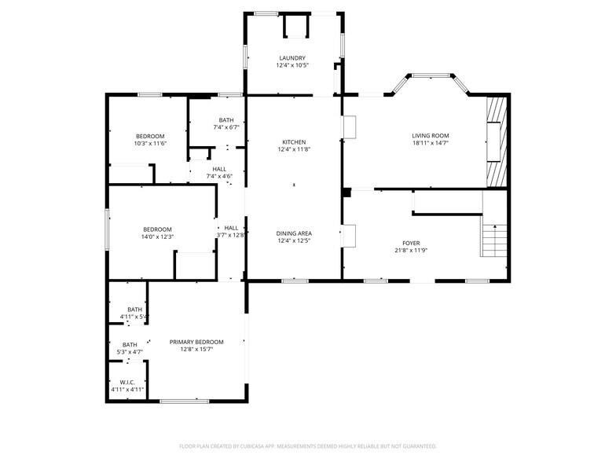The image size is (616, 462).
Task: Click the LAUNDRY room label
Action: click(x=291, y=58)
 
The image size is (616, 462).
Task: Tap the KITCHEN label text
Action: click(x=294, y=142)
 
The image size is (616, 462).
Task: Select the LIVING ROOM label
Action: click(x=431, y=135)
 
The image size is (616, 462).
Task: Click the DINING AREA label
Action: click(x=294, y=233)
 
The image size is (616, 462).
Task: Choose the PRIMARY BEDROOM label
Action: click(x=196, y=342)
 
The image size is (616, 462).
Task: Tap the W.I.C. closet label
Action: click(x=127, y=382)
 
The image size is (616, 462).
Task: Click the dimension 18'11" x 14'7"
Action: click(x=431, y=143)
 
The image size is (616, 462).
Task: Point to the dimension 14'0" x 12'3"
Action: click(x=157, y=236)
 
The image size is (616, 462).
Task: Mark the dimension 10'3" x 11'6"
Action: click(x=149, y=143)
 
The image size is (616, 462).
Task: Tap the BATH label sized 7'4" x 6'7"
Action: click(x=226, y=119)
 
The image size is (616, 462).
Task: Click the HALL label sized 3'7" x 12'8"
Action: click(x=231, y=228)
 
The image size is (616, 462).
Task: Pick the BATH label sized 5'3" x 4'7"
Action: click(x=129, y=344)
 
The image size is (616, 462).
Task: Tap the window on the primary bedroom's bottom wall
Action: click(x=185, y=401)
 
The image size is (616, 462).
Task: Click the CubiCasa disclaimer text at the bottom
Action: click(x=307, y=445)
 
